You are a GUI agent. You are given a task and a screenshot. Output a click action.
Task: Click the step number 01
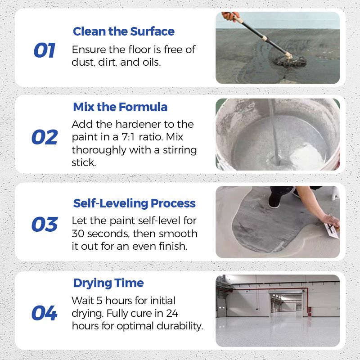pyautogui.click(x=44, y=50)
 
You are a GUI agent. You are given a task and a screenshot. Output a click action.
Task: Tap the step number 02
pyautogui.click(x=44, y=137)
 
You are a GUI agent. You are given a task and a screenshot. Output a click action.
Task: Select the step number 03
pyautogui.click(x=44, y=225)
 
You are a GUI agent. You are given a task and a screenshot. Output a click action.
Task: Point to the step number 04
pyautogui.click(x=44, y=313)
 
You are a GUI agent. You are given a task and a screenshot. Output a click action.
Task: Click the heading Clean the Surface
pyautogui.click(x=123, y=31)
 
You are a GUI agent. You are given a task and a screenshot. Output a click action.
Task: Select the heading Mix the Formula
pyautogui.click(x=120, y=107)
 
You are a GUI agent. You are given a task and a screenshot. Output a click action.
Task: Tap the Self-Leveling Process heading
pyautogui.click(x=134, y=203)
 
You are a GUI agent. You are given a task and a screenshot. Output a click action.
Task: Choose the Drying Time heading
pyautogui.click(x=108, y=283)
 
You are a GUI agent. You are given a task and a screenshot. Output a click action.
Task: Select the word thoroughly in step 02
pyautogui.click(x=99, y=149)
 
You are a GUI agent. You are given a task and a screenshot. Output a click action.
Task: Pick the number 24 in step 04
pyautogui.click(x=171, y=313)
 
